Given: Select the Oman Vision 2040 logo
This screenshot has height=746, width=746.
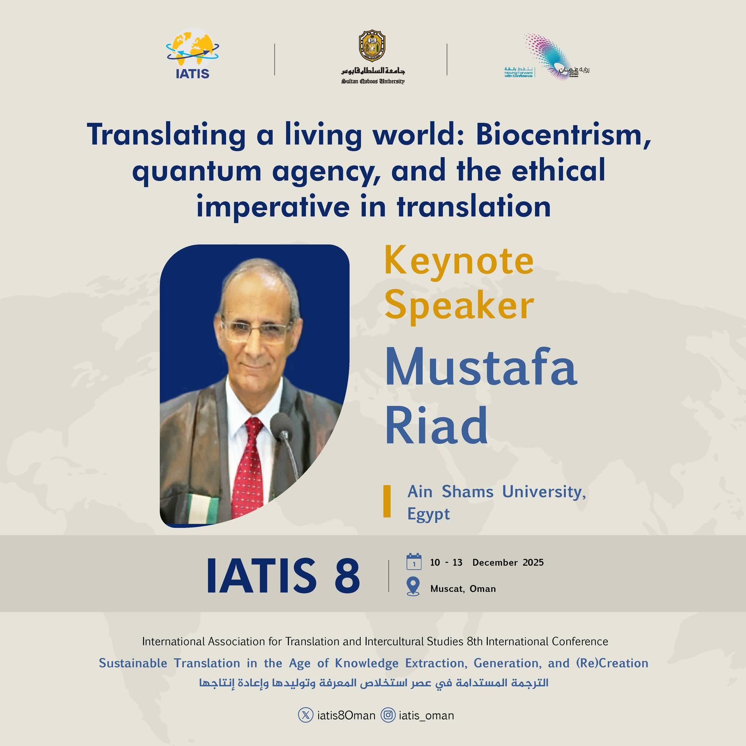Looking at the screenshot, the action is pos(547,56).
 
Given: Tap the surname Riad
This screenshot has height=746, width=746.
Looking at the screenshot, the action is pos(436,424).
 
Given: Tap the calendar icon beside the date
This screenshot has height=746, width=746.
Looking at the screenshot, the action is pos(414,562).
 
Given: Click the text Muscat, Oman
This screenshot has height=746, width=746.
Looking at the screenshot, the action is pos(463,589).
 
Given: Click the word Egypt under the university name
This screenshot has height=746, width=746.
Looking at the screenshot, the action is pos(429,514).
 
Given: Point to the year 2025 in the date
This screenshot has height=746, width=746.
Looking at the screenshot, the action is pos(533,562).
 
